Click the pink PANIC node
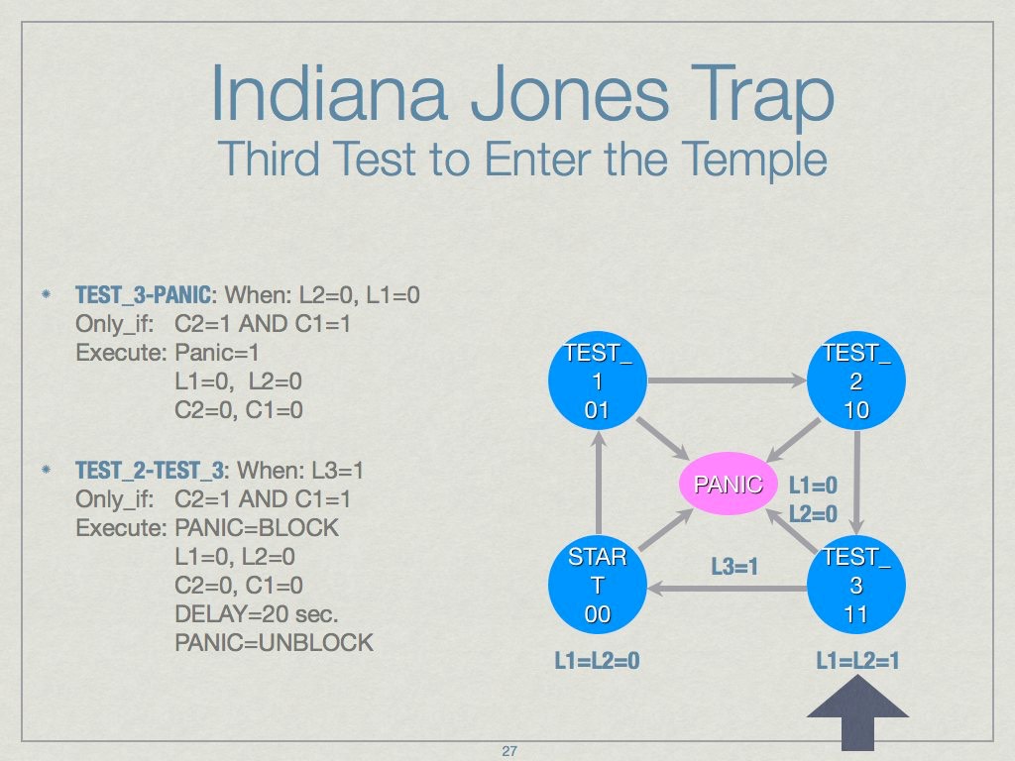(x=728, y=485)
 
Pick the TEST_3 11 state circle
(x=856, y=585)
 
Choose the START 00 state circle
(x=597, y=585)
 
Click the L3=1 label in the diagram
(x=734, y=567)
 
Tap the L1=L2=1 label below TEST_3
(x=857, y=660)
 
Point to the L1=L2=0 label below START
(x=597, y=660)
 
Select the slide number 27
(x=509, y=752)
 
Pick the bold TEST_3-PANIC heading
(x=144, y=295)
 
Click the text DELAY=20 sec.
(x=246, y=613)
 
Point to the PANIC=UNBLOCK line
(x=274, y=642)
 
